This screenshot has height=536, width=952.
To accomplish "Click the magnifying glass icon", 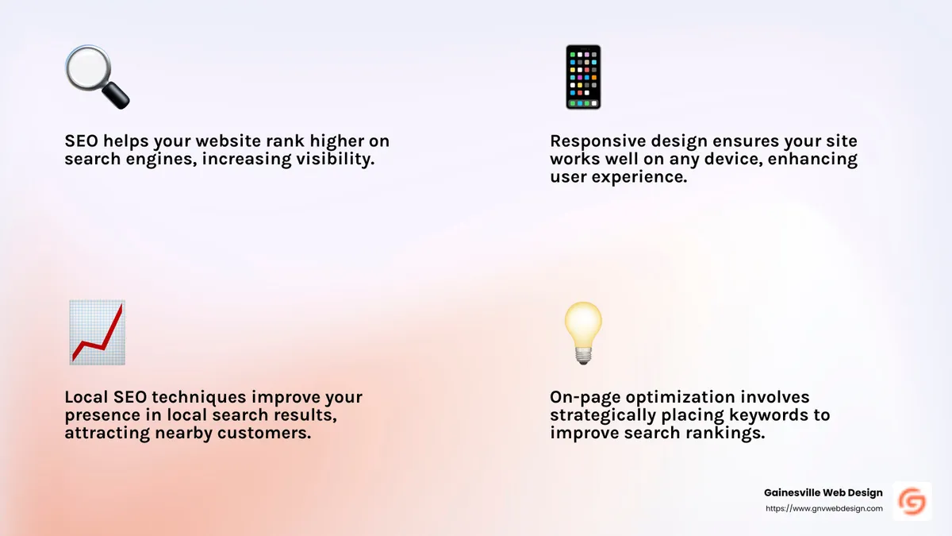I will tap(95, 77).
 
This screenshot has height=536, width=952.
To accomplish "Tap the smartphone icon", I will tap(582, 77).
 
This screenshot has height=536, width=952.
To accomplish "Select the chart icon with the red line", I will tap(96, 333).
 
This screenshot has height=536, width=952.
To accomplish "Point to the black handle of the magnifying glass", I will tap(117, 97).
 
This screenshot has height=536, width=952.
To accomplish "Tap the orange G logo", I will tap(912, 501).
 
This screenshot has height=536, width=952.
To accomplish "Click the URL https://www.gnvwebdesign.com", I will tap(823, 508).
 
